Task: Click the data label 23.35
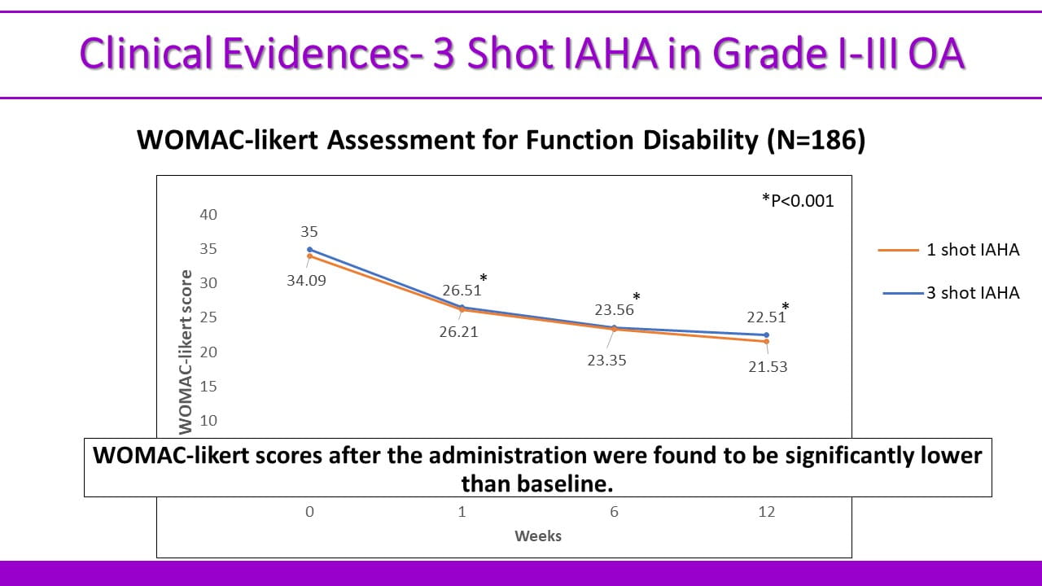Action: [x=606, y=360]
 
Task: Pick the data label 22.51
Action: [x=766, y=317]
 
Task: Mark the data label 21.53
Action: [x=768, y=367]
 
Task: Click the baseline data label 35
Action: [x=309, y=232]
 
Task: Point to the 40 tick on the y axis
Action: [x=208, y=215]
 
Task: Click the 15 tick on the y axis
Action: [x=208, y=387]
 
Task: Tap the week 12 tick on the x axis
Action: [x=767, y=512]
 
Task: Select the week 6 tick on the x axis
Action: [x=614, y=512]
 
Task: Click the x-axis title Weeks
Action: [x=538, y=536]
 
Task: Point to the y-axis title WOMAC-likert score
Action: [x=186, y=351]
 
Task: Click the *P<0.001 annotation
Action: [x=798, y=200]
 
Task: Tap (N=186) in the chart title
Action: [x=815, y=141]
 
